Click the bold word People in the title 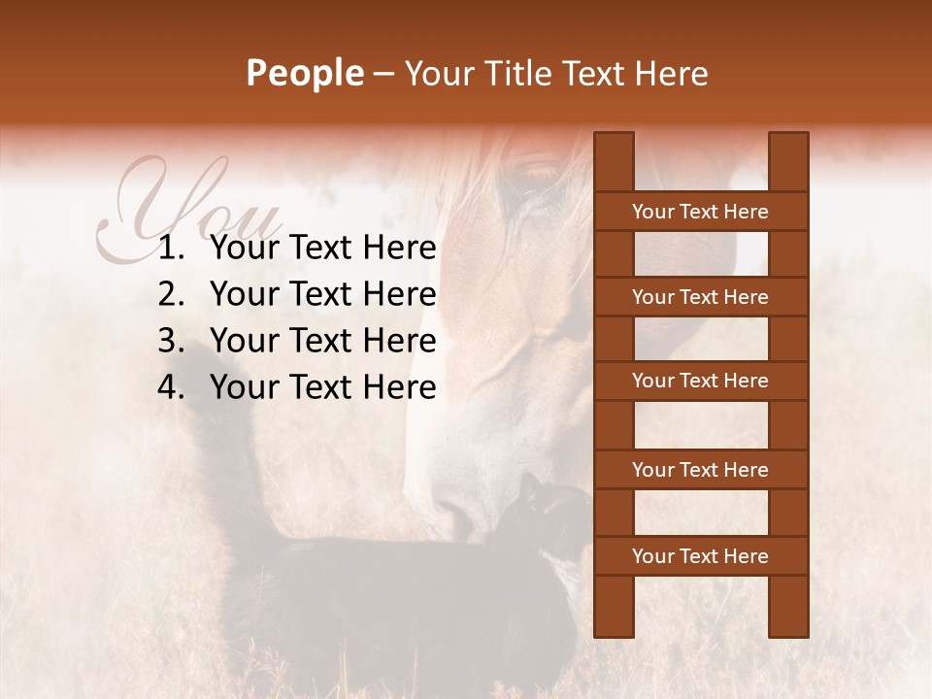click(x=304, y=73)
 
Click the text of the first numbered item click(x=322, y=249)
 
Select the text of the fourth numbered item click(x=322, y=387)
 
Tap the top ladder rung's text click(x=700, y=212)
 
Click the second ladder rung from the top click(x=700, y=297)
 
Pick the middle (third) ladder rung click(x=700, y=381)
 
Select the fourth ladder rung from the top click(x=700, y=470)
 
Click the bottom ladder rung click(x=700, y=556)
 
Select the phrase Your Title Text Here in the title click(x=555, y=73)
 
